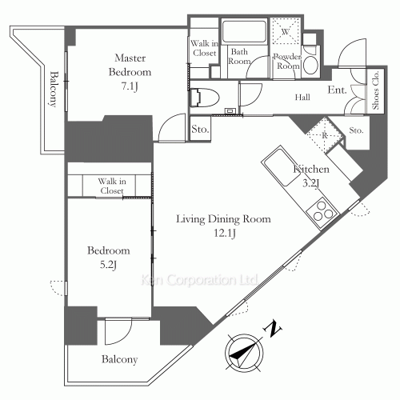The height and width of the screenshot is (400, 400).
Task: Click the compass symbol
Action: (244, 352)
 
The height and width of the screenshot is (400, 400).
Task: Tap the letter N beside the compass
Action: (273, 330)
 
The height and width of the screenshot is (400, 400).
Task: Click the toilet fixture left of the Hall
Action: (204, 98)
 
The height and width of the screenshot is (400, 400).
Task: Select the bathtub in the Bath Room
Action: (244, 31)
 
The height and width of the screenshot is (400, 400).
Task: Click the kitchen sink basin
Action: (281, 166)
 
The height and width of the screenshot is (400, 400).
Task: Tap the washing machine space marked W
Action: (286, 31)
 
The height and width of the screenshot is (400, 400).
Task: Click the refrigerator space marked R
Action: (325, 135)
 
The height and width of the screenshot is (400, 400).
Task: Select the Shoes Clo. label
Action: (376, 90)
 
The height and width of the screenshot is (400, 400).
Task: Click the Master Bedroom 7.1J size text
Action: (130, 86)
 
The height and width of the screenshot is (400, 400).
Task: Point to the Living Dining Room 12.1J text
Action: (224, 226)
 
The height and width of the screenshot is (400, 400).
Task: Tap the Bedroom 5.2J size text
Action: (108, 265)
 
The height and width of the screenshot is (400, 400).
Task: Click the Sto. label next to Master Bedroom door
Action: (200, 129)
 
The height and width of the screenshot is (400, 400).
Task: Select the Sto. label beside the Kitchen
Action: (356, 130)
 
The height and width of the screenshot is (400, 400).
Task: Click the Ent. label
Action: (337, 90)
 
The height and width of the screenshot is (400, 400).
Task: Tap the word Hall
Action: (302, 97)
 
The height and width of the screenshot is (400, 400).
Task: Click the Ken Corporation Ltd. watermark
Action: (199, 280)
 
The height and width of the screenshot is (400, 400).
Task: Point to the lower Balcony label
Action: (119, 359)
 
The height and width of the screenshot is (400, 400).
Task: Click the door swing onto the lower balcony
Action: (118, 331)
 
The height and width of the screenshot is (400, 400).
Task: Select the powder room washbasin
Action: (310, 65)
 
